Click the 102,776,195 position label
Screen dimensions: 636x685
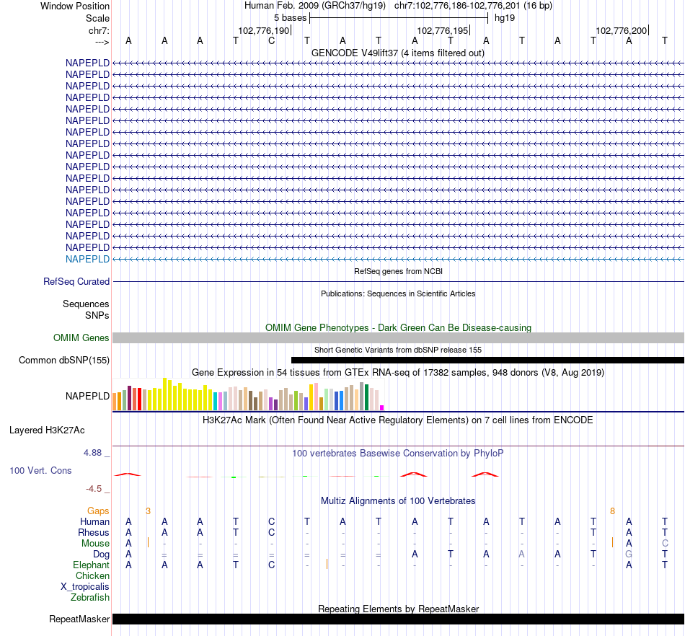(442, 30)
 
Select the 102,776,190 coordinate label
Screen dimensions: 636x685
(263, 30)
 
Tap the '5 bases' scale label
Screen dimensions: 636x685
(290, 17)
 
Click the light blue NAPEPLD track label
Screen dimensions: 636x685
(87, 259)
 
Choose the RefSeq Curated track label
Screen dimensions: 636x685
(76, 282)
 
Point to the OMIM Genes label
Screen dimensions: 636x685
(81, 337)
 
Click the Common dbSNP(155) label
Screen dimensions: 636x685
(64, 360)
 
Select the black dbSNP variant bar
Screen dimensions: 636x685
(487, 360)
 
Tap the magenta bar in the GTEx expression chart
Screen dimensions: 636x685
(381, 407)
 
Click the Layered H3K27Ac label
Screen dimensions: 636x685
(47, 430)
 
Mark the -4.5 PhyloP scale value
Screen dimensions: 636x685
(94, 488)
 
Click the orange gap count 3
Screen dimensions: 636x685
(148, 511)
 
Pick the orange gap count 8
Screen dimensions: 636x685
(612, 511)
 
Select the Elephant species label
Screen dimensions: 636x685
(91, 565)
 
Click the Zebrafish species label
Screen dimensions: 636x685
(90, 598)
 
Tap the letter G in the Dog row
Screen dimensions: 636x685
(629, 554)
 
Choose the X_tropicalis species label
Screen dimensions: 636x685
(85, 587)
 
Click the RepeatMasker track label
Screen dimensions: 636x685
(79, 619)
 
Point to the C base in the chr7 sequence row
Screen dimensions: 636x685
(271, 40)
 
